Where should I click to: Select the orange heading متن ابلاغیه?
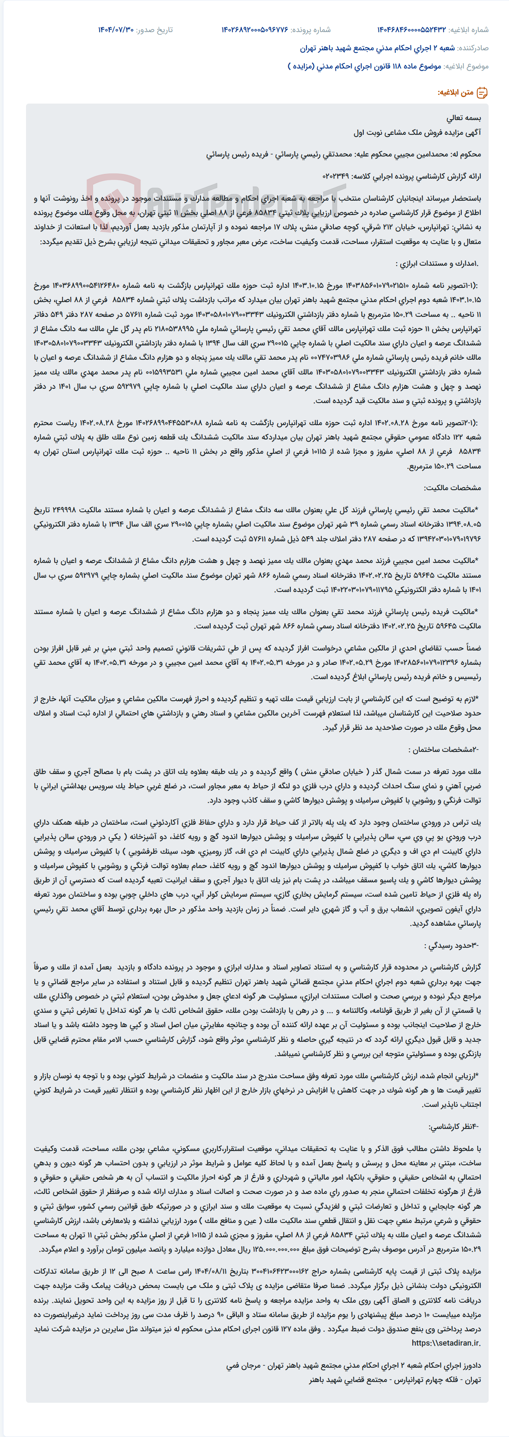tap(455, 93)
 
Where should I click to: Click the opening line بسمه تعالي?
tap(464, 118)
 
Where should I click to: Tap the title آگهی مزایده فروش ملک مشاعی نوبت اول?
tap(417, 133)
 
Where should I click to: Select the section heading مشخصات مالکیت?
tap(453, 488)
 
